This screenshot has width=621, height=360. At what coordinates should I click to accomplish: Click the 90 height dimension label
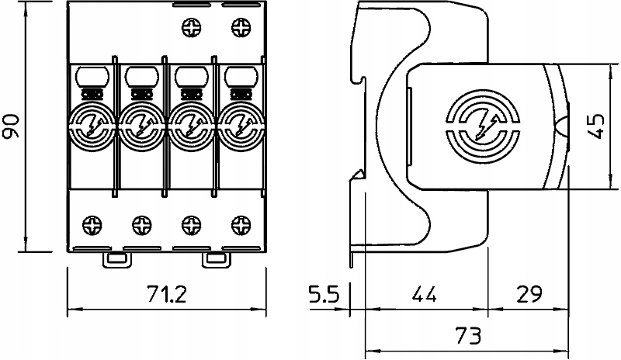click(11, 126)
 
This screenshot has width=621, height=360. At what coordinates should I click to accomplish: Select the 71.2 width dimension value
click(166, 294)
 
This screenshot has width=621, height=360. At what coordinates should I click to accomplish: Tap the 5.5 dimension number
click(324, 294)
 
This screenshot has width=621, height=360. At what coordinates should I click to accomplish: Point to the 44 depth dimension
click(424, 294)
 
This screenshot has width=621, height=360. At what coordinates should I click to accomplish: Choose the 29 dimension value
click(529, 294)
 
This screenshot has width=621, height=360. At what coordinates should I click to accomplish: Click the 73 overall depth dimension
click(468, 335)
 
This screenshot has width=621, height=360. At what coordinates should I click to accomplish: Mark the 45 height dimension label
click(596, 126)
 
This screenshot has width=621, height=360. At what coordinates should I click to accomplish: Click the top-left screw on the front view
click(192, 28)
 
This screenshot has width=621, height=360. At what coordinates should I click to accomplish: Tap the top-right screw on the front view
click(241, 28)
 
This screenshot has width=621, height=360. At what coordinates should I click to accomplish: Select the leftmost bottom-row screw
click(92, 225)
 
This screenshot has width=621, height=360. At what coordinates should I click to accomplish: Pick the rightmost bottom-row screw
click(241, 225)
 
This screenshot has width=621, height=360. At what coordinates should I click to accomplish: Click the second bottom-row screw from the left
click(142, 225)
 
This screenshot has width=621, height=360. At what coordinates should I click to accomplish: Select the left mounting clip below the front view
click(117, 260)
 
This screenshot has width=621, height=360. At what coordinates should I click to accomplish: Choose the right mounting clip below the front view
click(217, 260)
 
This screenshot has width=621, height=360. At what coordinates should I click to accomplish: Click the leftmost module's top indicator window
click(92, 76)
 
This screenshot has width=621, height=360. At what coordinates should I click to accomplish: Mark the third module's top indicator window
click(192, 76)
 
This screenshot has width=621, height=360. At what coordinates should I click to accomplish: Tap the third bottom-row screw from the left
click(192, 225)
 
